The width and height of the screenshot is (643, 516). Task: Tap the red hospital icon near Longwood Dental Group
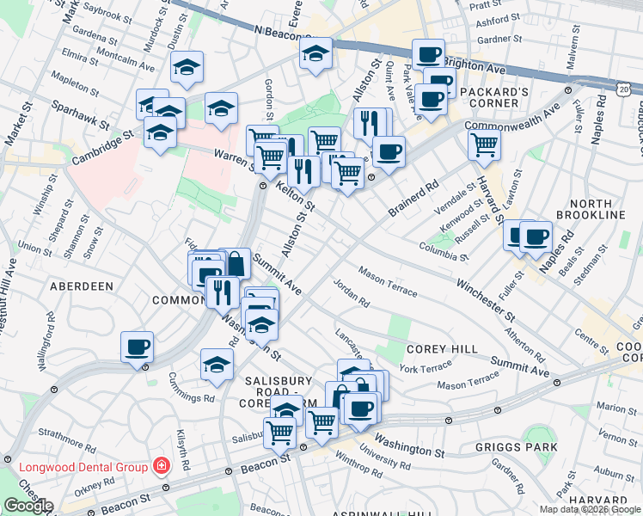click(x=160, y=467)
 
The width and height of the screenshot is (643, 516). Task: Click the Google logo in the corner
click(x=28, y=506)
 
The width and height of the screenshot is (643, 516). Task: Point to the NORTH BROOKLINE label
click(x=596, y=209)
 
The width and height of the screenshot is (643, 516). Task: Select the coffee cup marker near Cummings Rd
click(x=138, y=347)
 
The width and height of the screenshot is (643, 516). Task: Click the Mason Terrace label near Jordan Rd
click(x=388, y=285)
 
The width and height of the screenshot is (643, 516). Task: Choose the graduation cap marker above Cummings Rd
click(x=217, y=364)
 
